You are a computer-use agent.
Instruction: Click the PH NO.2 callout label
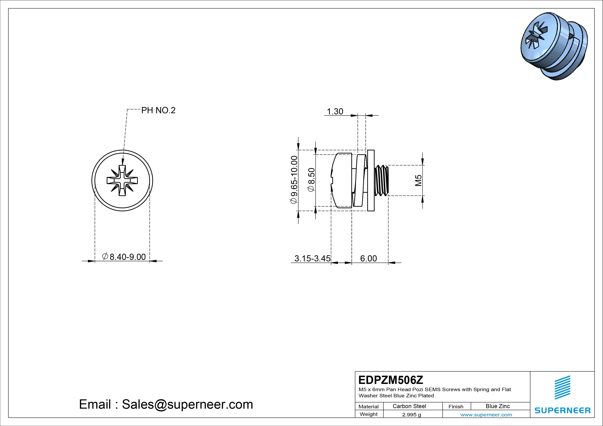(x=158, y=110)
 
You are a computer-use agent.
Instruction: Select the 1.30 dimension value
(x=335, y=111)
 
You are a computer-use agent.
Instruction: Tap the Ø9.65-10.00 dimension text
(x=294, y=180)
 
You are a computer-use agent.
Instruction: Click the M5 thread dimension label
(x=418, y=180)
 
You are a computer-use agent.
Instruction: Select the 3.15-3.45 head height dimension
(x=312, y=259)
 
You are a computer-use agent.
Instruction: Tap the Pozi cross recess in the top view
(x=122, y=180)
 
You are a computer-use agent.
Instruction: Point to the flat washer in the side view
(x=371, y=181)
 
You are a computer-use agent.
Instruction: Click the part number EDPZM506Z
(x=391, y=380)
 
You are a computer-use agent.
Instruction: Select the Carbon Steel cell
(x=409, y=406)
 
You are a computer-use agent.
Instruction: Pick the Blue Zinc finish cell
(x=497, y=406)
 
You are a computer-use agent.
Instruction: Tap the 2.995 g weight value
(x=411, y=415)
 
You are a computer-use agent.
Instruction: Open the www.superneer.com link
(x=486, y=415)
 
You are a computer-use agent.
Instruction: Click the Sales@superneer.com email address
(x=187, y=405)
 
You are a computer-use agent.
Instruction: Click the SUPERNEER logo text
(x=562, y=410)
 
